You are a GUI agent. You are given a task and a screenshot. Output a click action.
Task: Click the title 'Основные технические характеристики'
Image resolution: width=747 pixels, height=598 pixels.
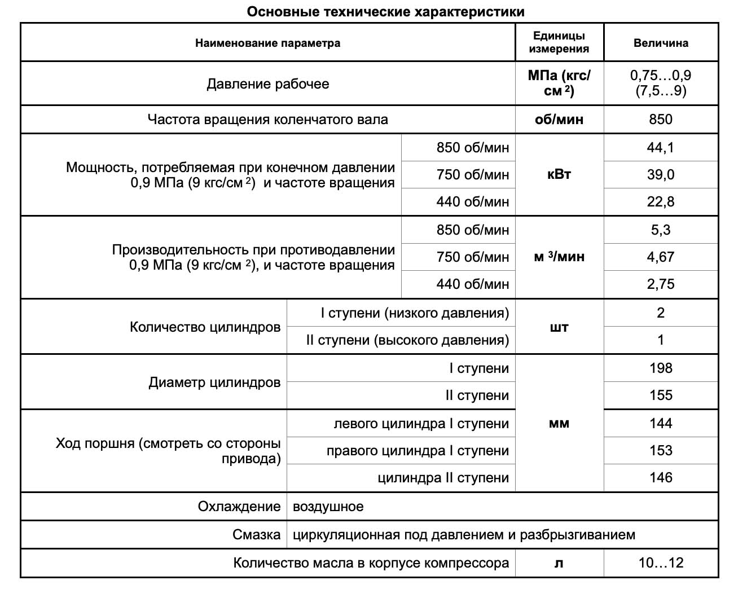coord(385,12)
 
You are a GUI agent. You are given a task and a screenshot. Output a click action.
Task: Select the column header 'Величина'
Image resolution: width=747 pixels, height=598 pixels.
coord(661,43)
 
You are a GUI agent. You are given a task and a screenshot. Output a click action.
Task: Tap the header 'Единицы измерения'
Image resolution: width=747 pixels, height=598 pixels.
coord(559,42)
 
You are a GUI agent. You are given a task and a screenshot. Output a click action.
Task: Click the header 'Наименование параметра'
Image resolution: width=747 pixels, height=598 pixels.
coord(267,43)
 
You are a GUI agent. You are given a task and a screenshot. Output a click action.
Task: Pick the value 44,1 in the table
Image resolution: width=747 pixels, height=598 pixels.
coord(661,148)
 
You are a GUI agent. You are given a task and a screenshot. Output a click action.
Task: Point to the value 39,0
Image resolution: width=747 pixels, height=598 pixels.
coord(661,175)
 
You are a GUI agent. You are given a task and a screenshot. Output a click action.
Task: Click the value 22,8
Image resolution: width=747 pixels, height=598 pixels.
coord(661,202)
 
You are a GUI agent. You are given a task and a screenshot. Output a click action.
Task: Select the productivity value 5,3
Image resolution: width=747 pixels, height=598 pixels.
coord(661,230)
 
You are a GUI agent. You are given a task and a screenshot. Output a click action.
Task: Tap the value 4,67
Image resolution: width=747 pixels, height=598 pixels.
coord(661,257)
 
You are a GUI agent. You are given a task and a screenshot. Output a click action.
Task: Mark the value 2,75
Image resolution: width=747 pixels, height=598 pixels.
coord(661,284)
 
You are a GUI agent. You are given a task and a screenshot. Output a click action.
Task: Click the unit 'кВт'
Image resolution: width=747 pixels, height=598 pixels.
coord(559,175)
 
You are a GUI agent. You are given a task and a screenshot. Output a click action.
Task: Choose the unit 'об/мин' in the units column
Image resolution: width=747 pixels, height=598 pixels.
coord(559,120)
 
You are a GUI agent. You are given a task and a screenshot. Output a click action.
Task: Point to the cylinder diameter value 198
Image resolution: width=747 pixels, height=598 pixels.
coord(661,368)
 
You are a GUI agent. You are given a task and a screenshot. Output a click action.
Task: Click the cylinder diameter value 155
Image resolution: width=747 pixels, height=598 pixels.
coord(661,395)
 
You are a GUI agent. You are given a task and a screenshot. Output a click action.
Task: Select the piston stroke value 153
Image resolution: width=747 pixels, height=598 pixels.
coord(661,451)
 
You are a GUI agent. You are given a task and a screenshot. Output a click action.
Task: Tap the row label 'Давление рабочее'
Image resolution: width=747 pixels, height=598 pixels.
coord(267,84)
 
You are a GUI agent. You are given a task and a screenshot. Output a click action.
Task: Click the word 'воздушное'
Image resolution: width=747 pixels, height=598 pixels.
coord(328,507)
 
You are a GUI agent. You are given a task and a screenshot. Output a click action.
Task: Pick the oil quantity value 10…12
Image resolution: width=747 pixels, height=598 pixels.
coord(661,563)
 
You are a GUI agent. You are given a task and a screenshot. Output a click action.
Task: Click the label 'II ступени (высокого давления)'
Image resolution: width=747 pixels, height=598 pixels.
coord(407,340)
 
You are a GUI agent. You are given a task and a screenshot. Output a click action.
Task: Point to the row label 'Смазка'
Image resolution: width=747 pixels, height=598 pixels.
coord(256,535)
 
